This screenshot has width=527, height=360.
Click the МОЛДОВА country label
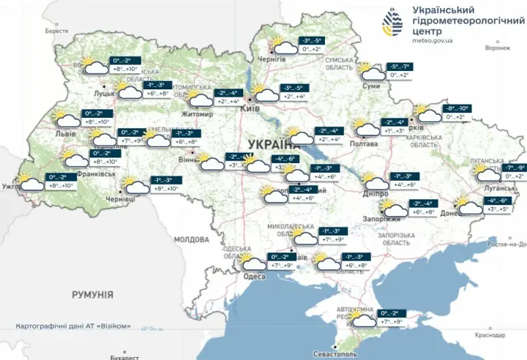[192, 239]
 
